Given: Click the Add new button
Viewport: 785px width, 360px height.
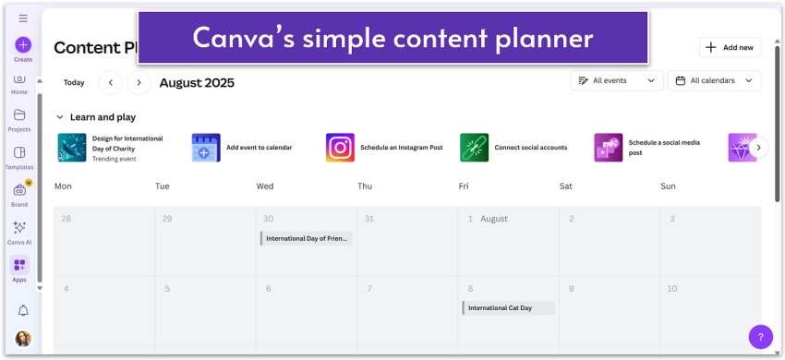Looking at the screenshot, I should point(731,47).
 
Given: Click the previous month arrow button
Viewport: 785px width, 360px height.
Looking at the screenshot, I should point(111,82).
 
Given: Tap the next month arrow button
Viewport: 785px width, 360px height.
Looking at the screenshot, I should point(139,82).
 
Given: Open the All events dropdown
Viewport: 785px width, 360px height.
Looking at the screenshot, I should point(616,81).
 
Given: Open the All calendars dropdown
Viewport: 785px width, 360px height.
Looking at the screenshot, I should point(714,81).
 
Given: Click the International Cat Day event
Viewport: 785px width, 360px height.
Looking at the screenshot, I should point(508,307).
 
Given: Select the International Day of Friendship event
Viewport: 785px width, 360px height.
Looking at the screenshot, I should point(306,238).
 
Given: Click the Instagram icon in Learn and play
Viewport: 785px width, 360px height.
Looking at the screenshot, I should point(340,148).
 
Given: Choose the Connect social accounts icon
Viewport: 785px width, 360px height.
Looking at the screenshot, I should point(474,148).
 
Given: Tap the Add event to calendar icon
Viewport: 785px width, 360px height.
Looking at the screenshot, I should point(206,148).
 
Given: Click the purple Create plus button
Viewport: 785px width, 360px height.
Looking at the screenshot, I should point(23,44).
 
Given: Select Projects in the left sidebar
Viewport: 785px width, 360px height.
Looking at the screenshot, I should point(19,115).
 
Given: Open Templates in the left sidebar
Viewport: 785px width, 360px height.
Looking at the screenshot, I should point(19,153).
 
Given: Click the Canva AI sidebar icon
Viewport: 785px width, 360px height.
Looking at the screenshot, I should point(19,228).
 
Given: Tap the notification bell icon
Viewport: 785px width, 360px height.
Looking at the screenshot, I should point(23,310).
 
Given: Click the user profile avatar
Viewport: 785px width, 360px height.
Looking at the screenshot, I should point(23,339).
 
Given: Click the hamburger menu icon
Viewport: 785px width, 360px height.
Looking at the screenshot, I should point(23,18).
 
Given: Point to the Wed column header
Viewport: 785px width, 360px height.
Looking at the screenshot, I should point(264,186).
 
